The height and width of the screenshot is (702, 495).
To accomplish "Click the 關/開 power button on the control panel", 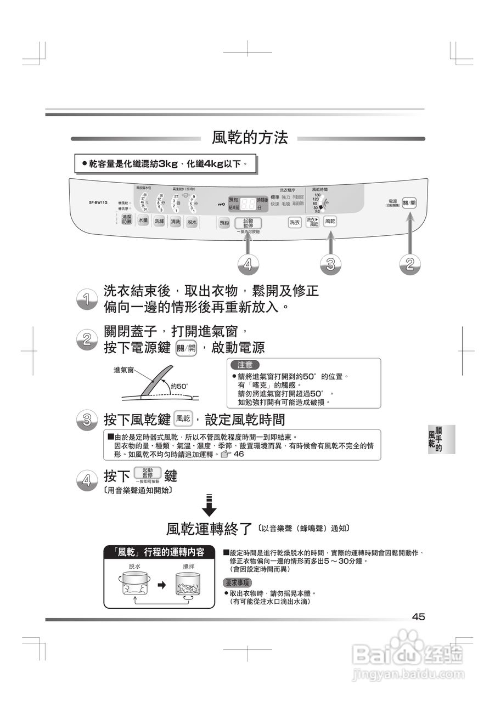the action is [409, 202].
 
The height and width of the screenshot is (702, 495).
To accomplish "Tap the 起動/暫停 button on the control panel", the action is [248, 223].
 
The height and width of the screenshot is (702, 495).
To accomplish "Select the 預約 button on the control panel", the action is [224, 223].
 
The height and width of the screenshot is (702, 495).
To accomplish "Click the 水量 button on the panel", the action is [143, 221].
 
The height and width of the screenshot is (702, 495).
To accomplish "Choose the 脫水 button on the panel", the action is [192, 222].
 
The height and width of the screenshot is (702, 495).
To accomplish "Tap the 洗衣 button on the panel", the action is [295, 222].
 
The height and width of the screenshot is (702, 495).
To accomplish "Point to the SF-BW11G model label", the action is [98, 202].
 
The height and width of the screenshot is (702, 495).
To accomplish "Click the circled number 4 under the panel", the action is [249, 264].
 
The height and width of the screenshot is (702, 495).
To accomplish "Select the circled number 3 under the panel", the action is [330, 264].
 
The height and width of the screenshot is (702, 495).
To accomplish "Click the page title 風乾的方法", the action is [250, 138].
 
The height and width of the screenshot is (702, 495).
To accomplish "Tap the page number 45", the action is [418, 617].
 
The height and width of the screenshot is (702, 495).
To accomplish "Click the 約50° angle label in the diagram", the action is [179, 386].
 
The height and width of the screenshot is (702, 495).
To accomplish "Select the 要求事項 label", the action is [238, 582].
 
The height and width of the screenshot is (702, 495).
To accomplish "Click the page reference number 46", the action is [239, 454].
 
